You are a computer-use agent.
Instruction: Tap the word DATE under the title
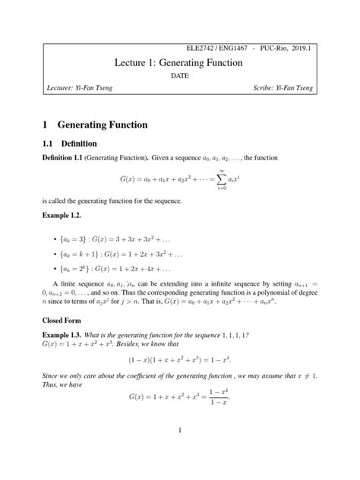coord(179,77)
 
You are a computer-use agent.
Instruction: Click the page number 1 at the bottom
coord(179,453)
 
